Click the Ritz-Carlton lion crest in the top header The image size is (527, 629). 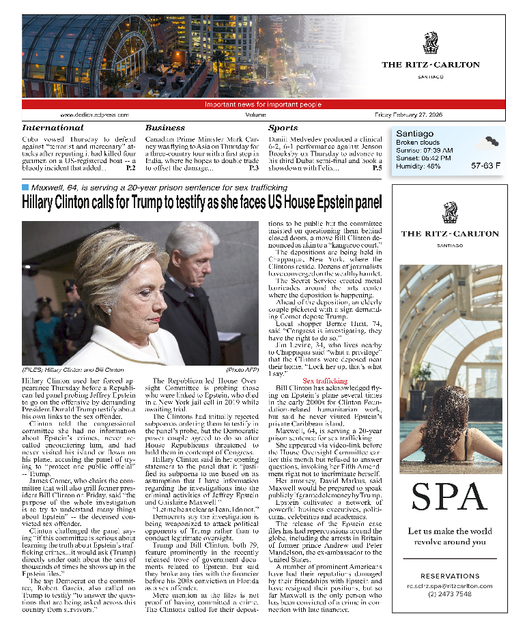pos(431,42)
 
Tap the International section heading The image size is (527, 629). pos(53,128)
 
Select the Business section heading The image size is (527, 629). pos(165,128)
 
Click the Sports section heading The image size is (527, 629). pos(283,128)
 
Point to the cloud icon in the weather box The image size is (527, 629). pos(487,143)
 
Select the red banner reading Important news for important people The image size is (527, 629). pos(263,104)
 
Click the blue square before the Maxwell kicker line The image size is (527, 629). pos(25,187)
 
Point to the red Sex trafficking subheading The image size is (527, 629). pos(326,380)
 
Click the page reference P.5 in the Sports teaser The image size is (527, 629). pos(377,167)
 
